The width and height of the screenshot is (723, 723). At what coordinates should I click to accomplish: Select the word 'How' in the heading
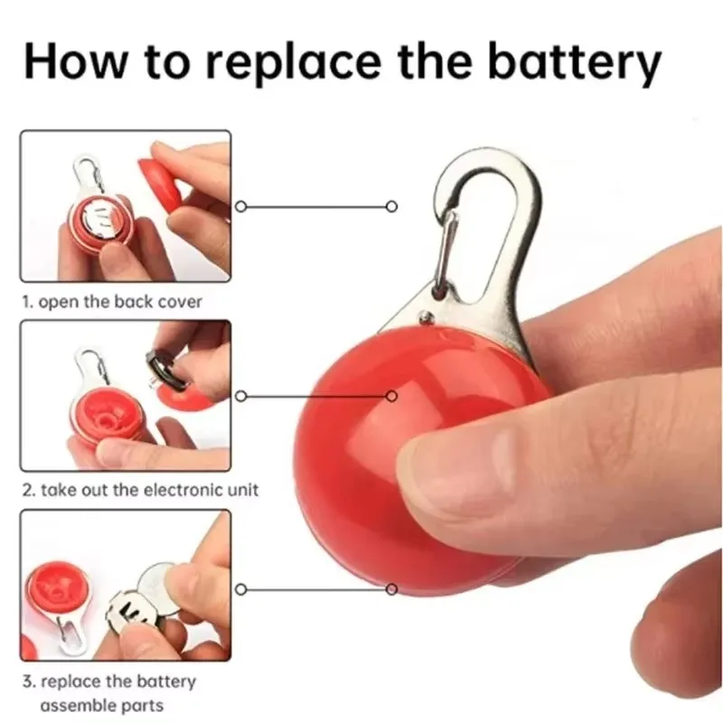(x=75, y=60)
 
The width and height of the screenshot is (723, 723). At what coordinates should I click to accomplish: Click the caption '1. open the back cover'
(x=112, y=302)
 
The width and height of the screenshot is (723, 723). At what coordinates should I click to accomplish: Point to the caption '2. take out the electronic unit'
(x=140, y=490)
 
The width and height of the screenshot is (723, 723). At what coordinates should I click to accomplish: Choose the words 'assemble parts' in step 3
(x=102, y=706)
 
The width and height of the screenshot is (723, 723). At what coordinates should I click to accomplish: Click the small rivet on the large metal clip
(x=427, y=316)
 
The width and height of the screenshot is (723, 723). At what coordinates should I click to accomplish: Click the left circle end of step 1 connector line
(x=240, y=206)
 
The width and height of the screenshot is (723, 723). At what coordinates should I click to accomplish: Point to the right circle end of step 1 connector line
(x=391, y=206)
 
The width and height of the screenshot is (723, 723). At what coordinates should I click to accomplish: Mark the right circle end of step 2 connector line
(x=391, y=396)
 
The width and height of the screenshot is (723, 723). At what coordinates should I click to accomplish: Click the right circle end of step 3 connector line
(x=391, y=589)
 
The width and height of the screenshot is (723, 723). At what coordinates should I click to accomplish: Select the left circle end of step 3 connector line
(x=240, y=589)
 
